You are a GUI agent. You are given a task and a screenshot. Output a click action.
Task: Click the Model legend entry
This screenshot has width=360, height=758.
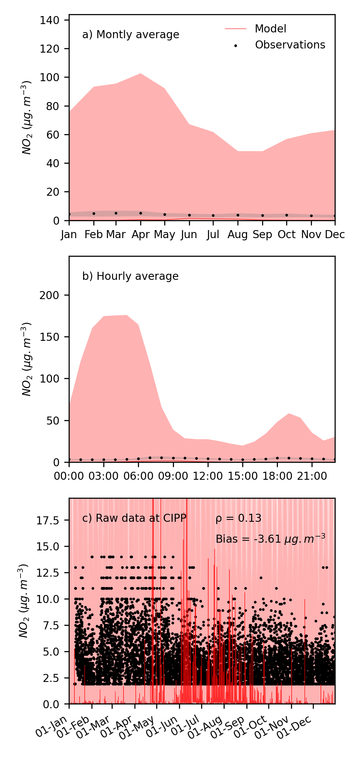pyautogui.click(x=270, y=29)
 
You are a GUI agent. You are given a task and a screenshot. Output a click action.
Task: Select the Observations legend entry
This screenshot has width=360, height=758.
pyautogui.click(x=290, y=45)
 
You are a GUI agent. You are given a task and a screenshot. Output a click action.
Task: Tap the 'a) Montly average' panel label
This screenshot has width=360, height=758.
pyautogui.click(x=131, y=35)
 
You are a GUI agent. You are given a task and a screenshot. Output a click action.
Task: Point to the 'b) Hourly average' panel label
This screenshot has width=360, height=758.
pyautogui.click(x=130, y=276)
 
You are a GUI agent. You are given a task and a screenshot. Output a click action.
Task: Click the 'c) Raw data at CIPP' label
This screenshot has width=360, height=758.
pyautogui.click(x=134, y=518)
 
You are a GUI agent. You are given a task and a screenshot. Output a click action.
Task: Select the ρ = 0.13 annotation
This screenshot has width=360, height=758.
pyautogui.click(x=238, y=518)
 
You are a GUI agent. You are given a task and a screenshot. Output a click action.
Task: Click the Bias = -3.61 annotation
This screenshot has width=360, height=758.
pyautogui.click(x=270, y=539)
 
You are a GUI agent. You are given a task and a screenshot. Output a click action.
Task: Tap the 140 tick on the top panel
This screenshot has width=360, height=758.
pyautogui.click(x=49, y=20)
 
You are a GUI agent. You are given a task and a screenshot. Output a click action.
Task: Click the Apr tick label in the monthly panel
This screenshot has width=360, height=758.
pyautogui.click(x=141, y=235)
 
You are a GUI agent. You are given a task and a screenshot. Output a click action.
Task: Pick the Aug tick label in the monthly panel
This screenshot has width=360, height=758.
pyautogui.click(x=237, y=235)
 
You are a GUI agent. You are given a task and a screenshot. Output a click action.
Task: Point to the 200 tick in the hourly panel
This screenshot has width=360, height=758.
pyautogui.click(x=49, y=295)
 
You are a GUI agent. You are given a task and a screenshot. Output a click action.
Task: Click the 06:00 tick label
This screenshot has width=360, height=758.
pyautogui.click(x=138, y=476)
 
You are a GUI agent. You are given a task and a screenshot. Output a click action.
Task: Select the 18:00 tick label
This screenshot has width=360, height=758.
pyautogui.click(x=277, y=476)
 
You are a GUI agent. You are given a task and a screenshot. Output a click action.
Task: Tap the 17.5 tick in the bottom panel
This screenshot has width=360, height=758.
pyautogui.click(x=47, y=521)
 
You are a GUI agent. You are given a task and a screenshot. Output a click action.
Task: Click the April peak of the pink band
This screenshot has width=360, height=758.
pyautogui.click(x=141, y=74)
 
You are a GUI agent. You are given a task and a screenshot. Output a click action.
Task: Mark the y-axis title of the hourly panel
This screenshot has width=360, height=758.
pyautogui.click(x=27, y=359)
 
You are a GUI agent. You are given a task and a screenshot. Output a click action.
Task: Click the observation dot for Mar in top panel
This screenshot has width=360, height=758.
pyautogui.click(x=116, y=213)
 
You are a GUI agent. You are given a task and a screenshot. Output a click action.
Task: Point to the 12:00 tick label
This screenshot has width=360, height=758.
pyautogui.click(x=208, y=476)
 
